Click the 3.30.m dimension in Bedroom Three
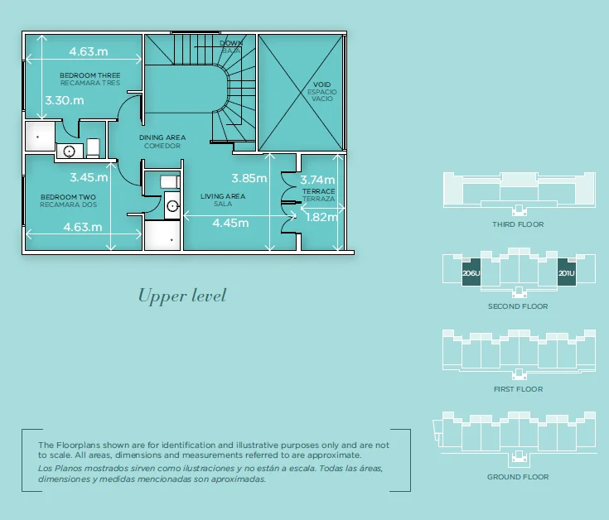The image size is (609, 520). click(64, 100)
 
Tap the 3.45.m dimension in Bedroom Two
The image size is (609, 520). click(89, 177)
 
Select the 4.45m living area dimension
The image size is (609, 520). click(230, 223)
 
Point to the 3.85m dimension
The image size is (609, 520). click(249, 178)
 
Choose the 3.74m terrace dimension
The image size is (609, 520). click(317, 180)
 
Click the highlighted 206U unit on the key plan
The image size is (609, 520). click(471, 274)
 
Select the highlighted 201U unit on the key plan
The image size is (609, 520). click(567, 274)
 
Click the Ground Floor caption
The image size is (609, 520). click(518, 477)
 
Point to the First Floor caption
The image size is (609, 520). click(518, 389)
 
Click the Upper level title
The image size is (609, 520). click(181, 296)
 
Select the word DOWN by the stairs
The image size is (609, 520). click(231, 43)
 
